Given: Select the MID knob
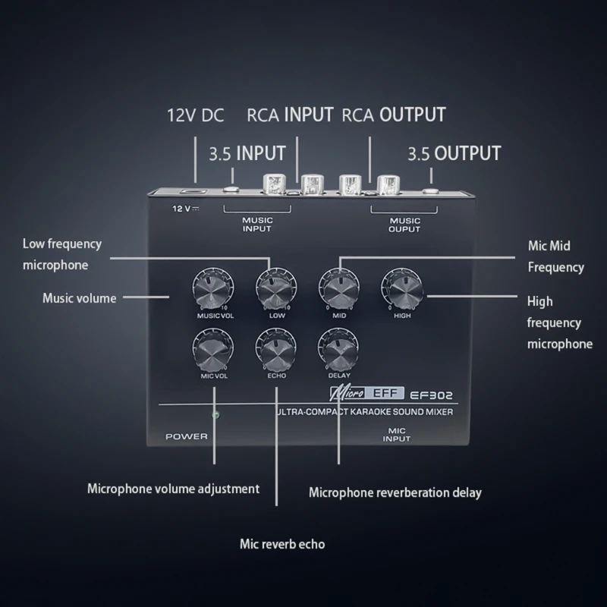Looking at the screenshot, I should [338, 288].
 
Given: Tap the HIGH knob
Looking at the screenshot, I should [401, 288].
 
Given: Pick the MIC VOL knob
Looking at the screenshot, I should [212, 348].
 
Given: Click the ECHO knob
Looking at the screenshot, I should [275, 348].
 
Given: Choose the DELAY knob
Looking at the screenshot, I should [338, 348].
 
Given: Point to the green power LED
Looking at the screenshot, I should [215, 415].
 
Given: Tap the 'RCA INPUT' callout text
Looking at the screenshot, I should [290, 115].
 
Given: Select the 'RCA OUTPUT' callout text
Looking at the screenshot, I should [393, 115].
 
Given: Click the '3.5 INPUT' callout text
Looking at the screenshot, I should [247, 154].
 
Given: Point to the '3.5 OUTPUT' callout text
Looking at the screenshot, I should [454, 154].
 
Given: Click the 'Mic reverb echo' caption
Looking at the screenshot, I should [282, 544].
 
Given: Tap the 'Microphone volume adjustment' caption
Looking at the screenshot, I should [173, 489].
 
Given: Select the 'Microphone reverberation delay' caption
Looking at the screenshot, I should [395, 492].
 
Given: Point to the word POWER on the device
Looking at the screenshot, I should [186, 436].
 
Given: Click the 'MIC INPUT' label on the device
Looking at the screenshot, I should [396, 435].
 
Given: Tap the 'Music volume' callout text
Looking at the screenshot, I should [79, 298].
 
